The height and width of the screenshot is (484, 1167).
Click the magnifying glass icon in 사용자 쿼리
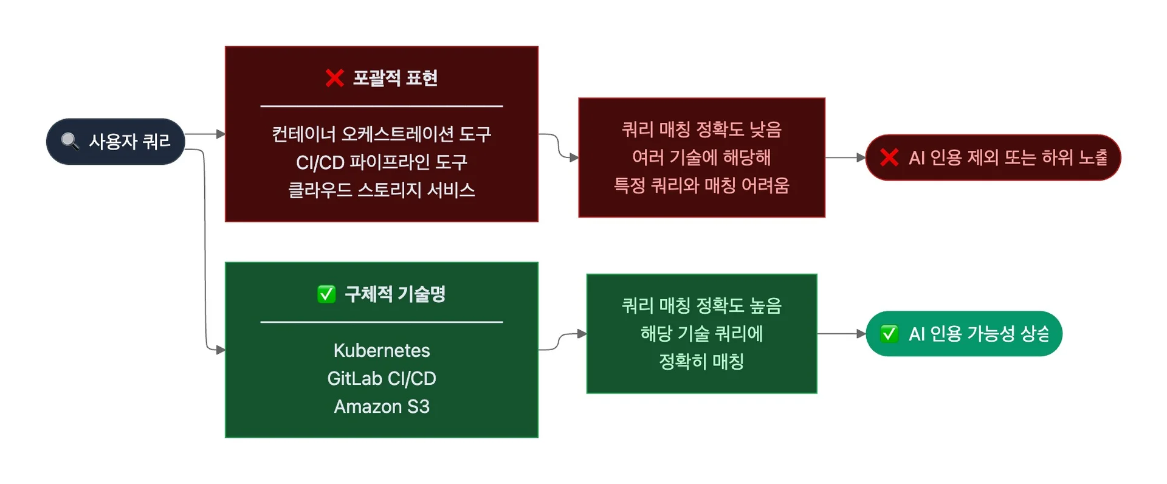coord(70,141)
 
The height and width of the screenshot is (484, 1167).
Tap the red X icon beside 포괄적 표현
coord(334,78)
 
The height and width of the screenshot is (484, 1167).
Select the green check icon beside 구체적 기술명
coord(326,294)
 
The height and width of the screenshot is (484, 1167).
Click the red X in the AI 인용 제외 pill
coord(889,157)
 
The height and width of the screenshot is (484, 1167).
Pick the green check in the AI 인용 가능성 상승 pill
coord(889,334)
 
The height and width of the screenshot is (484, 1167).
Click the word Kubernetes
coord(382,350)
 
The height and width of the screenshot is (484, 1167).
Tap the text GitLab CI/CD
coord(382,378)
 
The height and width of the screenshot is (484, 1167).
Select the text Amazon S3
coord(382,406)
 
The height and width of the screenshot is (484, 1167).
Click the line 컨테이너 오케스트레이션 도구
coord(382,134)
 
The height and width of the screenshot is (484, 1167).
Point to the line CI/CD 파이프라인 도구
coord(382,162)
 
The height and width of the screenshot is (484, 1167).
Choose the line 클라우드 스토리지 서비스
coord(382,190)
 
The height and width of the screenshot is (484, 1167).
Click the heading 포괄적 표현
coord(395,78)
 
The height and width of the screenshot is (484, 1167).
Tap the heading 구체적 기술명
coord(395,294)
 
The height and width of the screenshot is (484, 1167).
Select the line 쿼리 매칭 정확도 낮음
coord(701,129)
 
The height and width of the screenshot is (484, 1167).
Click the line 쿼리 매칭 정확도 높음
coord(701,305)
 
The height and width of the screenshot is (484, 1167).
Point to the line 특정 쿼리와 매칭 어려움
coord(701,185)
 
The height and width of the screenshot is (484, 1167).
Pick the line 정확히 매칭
coord(701,361)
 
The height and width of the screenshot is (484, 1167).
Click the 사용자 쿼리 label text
coord(129,141)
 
